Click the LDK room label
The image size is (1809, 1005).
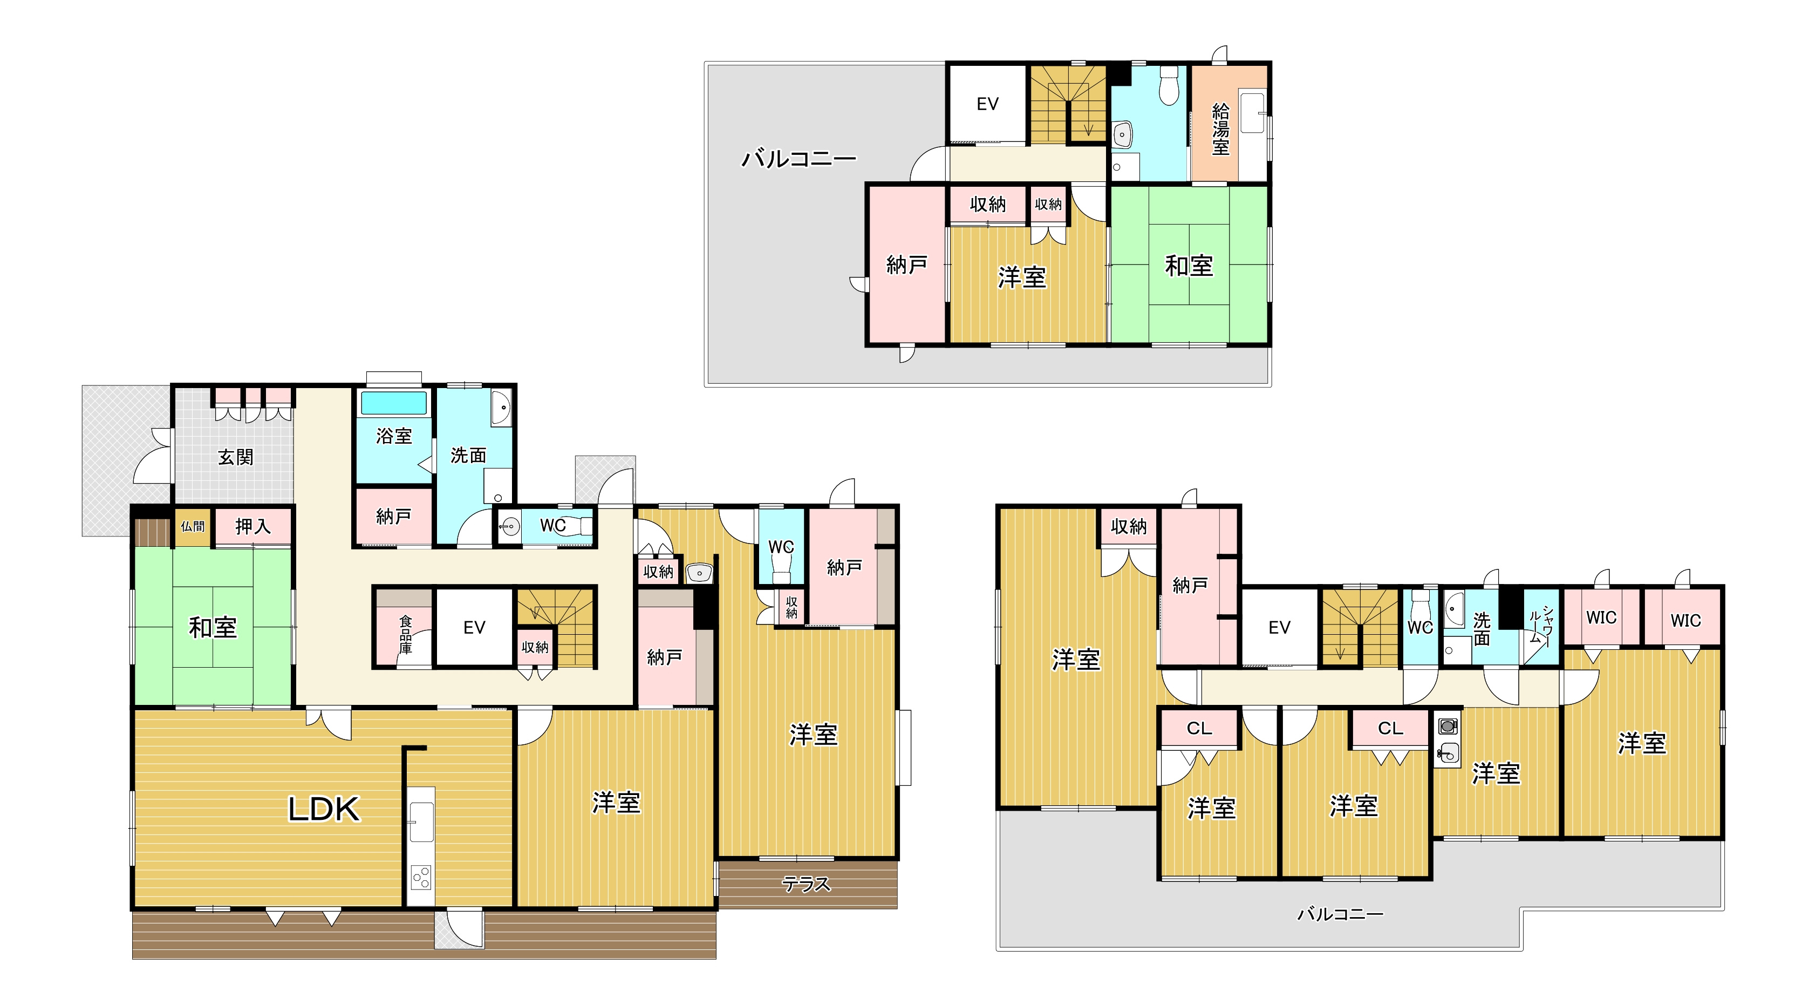click(324, 809)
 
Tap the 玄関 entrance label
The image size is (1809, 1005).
click(235, 457)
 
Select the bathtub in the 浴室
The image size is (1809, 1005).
click(393, 403)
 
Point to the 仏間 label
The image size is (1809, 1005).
click(193, 526)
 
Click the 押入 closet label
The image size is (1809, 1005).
click(253, 526)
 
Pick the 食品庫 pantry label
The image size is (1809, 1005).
click(406, 635)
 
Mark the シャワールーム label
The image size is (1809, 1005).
click(1541, 626)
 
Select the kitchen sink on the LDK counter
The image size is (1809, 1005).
click(421, 821)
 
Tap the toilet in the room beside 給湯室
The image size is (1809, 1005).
click(1169, 86)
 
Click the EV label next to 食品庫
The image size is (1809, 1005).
click(474, 628)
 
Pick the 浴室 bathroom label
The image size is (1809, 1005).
click(393, 436)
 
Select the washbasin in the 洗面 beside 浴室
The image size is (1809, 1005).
click(501, 408)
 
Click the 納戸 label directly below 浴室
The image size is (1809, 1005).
click(393, 517)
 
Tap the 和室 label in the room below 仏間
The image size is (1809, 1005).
click(213, 627)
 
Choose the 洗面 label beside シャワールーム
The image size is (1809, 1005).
click(1482, 629)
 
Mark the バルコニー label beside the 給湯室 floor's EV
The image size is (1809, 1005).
click(799, 159)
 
